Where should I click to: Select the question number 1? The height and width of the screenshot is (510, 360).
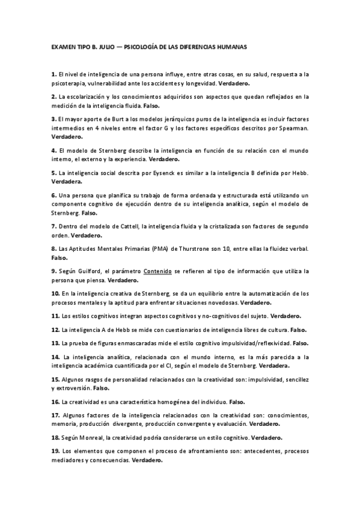[x=53, y=74]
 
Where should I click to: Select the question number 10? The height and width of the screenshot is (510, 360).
[x=55, y=293]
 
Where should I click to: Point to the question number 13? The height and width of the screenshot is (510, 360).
[x=55, y=343]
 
